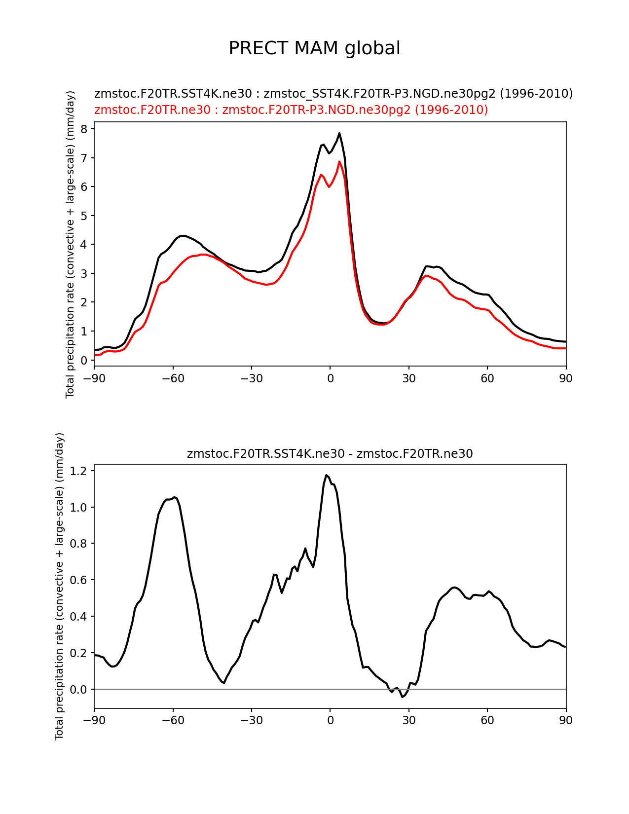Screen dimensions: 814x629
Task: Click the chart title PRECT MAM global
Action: (314, 48)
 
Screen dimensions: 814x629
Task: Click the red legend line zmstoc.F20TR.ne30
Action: (291, 110)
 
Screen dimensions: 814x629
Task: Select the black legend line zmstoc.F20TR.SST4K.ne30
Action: (333, 93)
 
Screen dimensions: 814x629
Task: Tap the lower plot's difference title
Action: (330, 454)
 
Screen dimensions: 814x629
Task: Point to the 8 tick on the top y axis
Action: (84, 129)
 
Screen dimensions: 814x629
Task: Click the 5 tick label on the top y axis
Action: (84, 216)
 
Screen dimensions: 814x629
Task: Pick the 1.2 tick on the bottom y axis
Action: (79, 471)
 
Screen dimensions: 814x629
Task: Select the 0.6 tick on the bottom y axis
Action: (79, 580)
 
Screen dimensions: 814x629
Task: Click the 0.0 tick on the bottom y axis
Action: (79, 689)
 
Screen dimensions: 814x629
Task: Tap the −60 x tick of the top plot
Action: (173, 378)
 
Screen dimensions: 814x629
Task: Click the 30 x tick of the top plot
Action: (409, 378)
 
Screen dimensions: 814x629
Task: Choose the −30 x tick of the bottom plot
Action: (251, 720)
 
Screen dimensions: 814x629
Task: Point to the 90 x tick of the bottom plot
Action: (566, 720)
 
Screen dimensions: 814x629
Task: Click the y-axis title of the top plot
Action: (70, 244)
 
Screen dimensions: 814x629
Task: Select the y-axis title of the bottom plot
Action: (60, 586)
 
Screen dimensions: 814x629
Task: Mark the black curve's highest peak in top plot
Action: (339, 133)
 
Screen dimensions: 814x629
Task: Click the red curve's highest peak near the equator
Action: (339, 162)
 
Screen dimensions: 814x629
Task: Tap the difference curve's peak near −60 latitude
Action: (175, 497)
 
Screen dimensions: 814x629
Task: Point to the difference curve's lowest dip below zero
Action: (403, 697)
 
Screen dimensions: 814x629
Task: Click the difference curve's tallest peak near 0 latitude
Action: (327, 475)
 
